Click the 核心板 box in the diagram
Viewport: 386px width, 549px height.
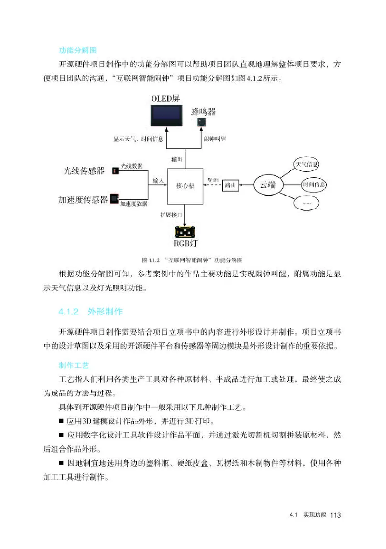[185, 186]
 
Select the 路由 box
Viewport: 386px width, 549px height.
[230, 185]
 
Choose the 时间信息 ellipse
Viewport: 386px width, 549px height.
[314, 184]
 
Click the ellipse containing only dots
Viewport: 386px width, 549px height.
[307, 203]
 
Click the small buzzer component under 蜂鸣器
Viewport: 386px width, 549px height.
[201, 123]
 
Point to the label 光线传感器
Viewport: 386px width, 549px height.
[84, 170]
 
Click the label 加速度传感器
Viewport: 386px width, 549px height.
[83, 199]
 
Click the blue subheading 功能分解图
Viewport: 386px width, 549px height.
[79, 50]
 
